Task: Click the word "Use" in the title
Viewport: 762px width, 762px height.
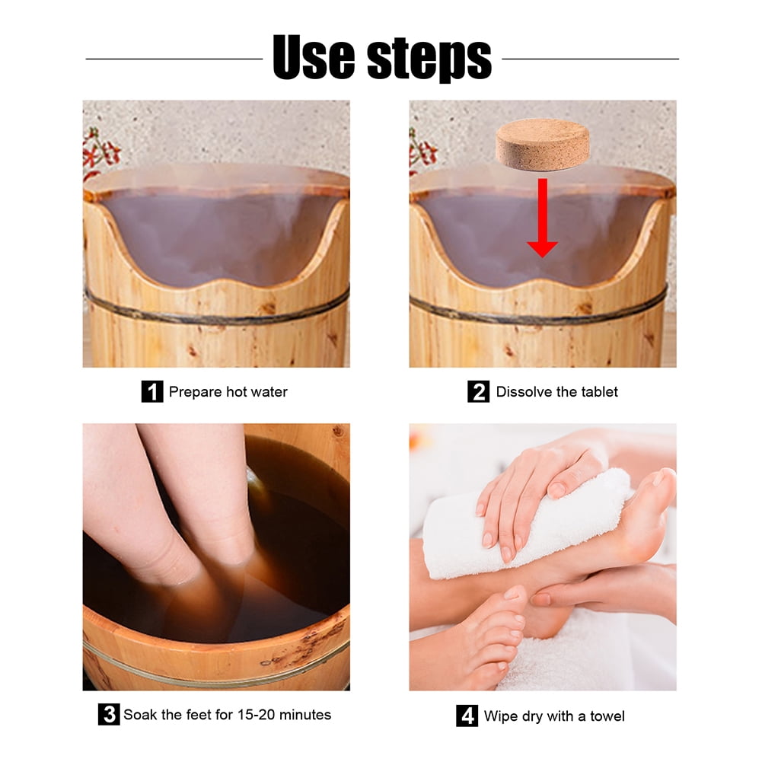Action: pyautogui.click(x=314, y=57)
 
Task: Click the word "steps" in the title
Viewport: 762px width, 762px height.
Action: pyautogui.click(x=429, y=60)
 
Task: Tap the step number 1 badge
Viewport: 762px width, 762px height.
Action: pyautogui.click(x=152, y=391)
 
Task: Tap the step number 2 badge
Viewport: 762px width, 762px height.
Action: pyautogui.click(x=479, y=391)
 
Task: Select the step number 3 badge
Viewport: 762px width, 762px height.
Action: pyautogui.click(x=109, y=714)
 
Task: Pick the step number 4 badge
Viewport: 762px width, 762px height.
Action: pyautogui.click(x=467, y=716)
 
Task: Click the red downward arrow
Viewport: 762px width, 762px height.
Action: pyautogui.click(x=542, y=218)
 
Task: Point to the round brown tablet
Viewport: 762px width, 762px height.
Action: pyautogui.click(x=542, y=145)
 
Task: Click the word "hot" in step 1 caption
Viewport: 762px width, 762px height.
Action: pyautogui.click(x=237, y=392)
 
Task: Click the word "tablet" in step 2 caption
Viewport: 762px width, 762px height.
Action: pyautogui.click(x=599, y=392)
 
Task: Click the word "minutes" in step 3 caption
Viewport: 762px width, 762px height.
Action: pyautogui.click(x=305, y=714)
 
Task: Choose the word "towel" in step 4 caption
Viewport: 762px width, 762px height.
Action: pyautogui.click(x=607, y=716)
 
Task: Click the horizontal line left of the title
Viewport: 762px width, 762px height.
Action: pyautogui.click(x=174, y=59)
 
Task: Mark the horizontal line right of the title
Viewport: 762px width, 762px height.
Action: pyautogui.click(x=591, y=59)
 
